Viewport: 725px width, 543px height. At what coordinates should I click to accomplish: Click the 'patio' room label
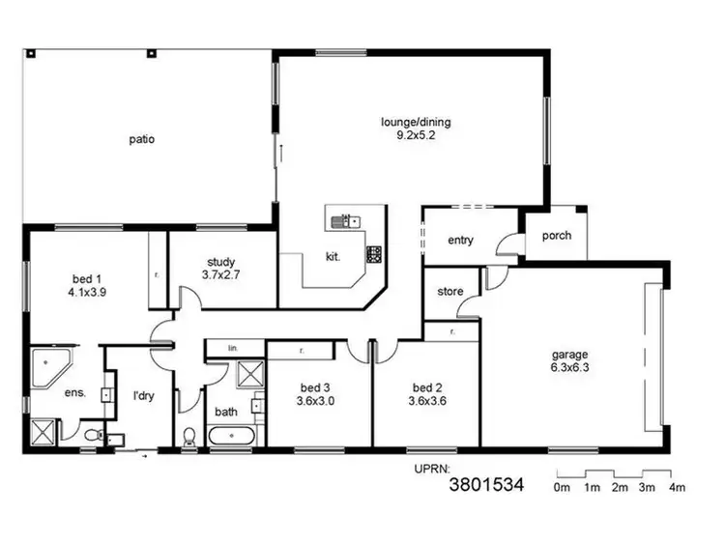tap(142, 139)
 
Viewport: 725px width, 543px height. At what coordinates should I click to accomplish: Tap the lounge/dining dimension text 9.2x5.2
tap(416, 137)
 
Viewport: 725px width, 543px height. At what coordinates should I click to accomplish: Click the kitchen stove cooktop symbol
tap(373, 255)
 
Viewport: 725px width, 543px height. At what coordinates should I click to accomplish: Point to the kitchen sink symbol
tap(344, 222)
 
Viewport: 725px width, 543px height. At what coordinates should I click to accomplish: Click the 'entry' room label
tap(460, 241)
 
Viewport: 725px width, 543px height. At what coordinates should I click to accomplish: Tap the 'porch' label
tap(556, 236)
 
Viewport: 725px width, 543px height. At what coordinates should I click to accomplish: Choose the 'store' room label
tap(449, 292)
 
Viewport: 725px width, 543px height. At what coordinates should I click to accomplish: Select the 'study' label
tap(221, 262)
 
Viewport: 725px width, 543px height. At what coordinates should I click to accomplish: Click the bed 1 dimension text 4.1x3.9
tap(87, 291)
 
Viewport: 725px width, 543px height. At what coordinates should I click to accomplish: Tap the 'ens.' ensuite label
tap(73, 393)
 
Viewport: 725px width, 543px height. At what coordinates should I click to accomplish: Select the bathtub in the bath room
tap(232, 437)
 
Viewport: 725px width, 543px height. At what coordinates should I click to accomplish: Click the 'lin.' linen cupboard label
tap(233, 347)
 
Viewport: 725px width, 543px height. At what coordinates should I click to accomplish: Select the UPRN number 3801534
tap(487, 486)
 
